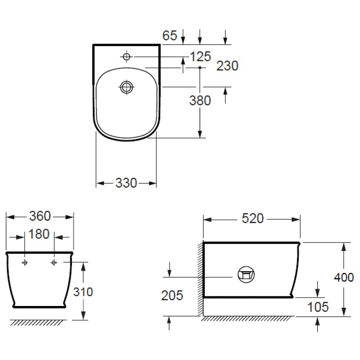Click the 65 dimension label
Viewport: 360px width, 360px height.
[x=170, y=35]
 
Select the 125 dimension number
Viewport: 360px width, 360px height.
[x=201, y=57]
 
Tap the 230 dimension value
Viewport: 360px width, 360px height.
[x=227, y=66]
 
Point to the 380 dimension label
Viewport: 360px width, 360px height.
[x=200, y=100]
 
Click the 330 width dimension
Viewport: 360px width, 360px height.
[x=126, y=183]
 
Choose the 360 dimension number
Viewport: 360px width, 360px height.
[x=40, y=216]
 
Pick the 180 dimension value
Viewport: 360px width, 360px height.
[x=39, y=234]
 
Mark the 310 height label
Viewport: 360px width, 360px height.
[x=83, y=292]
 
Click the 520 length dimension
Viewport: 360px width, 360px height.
[x=253, y=219]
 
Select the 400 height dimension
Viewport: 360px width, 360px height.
[x=344, y=277]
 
